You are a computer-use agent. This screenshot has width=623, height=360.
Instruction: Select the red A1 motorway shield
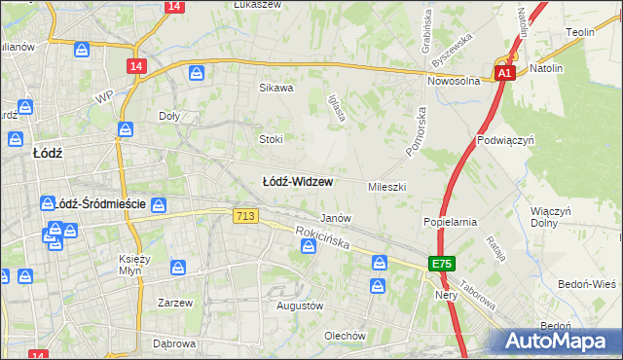503,73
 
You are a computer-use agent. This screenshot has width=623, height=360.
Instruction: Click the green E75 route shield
442,264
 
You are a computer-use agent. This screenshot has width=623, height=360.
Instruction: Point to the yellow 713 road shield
246,217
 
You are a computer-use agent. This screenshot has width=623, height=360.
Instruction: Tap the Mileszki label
386,186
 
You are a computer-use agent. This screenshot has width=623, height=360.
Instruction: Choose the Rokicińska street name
325,240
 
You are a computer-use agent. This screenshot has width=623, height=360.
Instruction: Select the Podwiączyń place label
506,139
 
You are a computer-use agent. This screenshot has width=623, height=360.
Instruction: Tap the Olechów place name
346,336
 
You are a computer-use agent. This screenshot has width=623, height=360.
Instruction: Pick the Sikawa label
275,88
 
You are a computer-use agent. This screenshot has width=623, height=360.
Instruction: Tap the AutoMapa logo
560,341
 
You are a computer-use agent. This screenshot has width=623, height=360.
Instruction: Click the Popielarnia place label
450,222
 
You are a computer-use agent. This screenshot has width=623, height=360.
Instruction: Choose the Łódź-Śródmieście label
102,204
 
